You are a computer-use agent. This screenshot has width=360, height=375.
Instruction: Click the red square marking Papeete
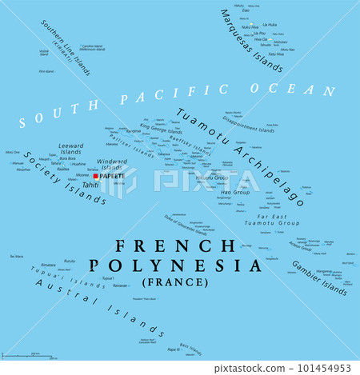pyautogui.click(x=95, y=176)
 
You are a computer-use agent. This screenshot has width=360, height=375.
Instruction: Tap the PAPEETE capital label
pyautogui.click(x=111, y=176)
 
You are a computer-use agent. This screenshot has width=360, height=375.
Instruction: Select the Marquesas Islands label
pyautogui.click(x=251, y=40)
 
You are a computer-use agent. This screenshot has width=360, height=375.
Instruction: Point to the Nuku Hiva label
pyautogui.click(x=251, y=26)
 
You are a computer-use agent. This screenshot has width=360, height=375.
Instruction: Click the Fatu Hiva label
pyautogui.click(x=277, y=53)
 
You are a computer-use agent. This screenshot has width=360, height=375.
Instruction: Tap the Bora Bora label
pyautogui.click(x=66, y=158)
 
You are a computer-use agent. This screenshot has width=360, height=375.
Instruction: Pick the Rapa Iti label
pyautogui.click(x=170, y=349)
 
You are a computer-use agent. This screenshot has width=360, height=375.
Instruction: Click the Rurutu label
pyautogui.click(x=70, y=261)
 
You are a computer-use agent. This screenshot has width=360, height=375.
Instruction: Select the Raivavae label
pyautogui.click(x=120, y=285)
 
